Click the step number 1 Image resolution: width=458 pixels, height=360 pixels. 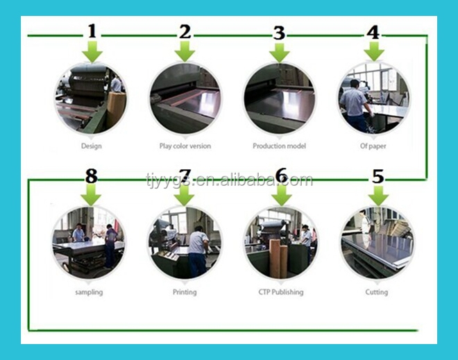click(x=92, y=31)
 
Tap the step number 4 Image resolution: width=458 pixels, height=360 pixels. click(x=373, y=32)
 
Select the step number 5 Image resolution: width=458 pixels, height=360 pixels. click(x=378, y=176)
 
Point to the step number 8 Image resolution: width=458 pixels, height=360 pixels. click(x=92, y=176)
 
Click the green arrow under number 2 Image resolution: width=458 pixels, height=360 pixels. click(x=185, y=51)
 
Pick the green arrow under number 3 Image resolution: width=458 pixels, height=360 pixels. click(x=279, y=53)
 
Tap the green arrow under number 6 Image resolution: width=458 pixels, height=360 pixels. click(x=282, y=195)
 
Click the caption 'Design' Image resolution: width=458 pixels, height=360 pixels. click(x=92, y=146)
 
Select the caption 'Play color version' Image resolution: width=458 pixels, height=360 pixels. click(x=185, y=146)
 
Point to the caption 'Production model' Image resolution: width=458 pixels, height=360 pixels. click(x=279, y=146)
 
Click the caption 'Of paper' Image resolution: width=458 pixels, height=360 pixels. click(x=373, y=146)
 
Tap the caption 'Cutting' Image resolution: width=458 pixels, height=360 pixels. click(x=377, y=292)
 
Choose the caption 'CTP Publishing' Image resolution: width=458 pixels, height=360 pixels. click(x=281, y=292)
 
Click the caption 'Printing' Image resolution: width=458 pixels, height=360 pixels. click(x=185, y=292)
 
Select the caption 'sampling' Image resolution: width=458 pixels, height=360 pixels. click(x=89, y=292)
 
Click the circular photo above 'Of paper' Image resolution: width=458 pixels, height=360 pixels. click(x=373, y=98)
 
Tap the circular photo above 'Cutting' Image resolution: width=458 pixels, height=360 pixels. click(x=377, y=243)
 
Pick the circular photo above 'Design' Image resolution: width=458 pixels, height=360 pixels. click(x=91, y=99)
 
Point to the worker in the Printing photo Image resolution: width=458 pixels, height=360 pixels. click(x=198, y=251)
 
